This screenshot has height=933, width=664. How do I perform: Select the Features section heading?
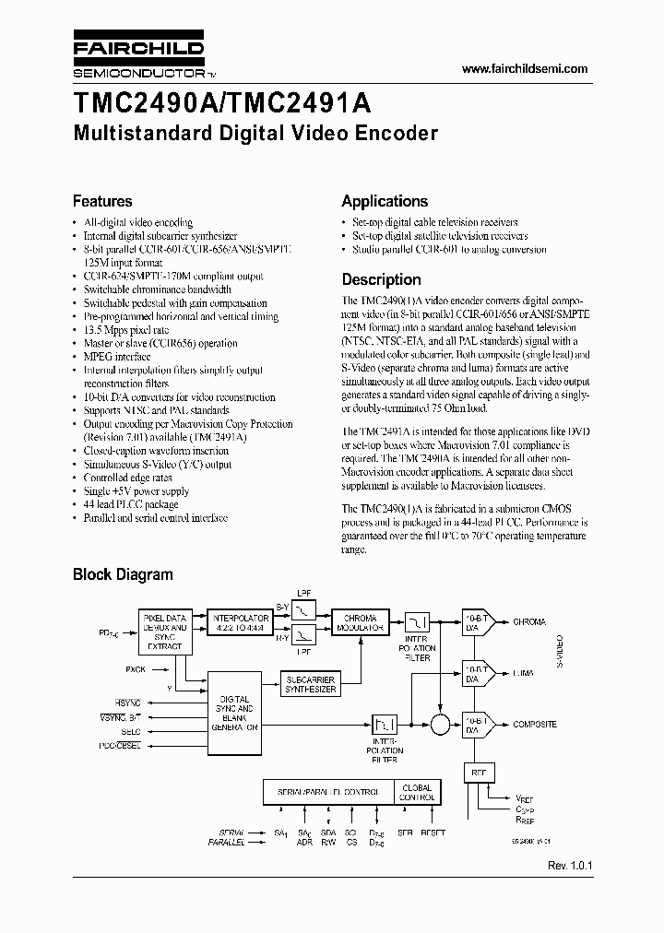pos(102,201)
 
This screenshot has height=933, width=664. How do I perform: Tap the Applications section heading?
pos(385,201)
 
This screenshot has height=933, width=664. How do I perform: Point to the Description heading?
pos(381,279)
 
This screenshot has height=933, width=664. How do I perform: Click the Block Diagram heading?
pos(123,574)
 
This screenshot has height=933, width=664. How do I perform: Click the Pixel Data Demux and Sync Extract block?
pos(166,632)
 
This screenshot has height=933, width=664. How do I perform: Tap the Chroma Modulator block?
pos(360,623)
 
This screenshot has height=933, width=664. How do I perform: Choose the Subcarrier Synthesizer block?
pos(311,683)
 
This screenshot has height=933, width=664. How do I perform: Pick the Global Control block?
pos(418,793)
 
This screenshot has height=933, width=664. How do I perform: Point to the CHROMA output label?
pos(529,622)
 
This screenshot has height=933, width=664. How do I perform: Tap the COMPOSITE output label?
pos(535,724)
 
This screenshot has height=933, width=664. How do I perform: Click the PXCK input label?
pos(135,668)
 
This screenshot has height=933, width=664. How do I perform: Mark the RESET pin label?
pos(433,833)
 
